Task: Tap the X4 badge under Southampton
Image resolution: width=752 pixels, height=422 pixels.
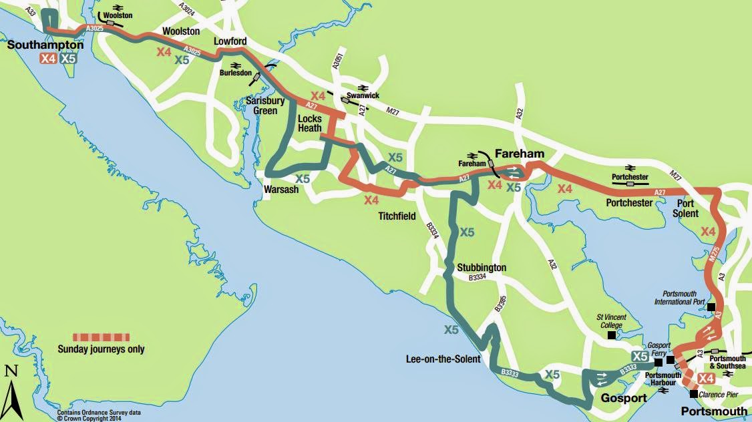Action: pyautogui.click(x=47, y=58)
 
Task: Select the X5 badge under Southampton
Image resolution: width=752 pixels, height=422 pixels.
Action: pyautogui.click(x=68, y=58)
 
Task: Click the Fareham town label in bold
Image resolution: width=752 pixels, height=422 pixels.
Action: pyautogui.click(x=519, y=154)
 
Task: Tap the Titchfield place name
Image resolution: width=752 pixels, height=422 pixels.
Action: pyautogui.click(x=397, y=216)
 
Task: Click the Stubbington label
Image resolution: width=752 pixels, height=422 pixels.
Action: pyautogui.click(x=482, y=268)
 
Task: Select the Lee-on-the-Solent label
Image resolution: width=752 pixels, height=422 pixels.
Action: pyautogui.click(x=443, y=359)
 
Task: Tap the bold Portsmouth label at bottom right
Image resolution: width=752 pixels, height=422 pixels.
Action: pyautogui.click(x=713, y=410)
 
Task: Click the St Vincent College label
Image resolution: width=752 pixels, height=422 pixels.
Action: pyautogui.click(x=612, y=321)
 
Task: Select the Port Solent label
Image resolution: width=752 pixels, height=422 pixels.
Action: pyautogui.click(x=685, y=208)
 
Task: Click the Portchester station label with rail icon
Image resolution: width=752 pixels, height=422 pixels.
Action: pyautogui.click(x=630, y=176)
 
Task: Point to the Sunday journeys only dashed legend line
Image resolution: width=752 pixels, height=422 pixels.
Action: pyautogui.click(x=101, y=335)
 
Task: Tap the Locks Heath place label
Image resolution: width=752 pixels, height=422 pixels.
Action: pyautogui.click(x=310, y=123)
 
